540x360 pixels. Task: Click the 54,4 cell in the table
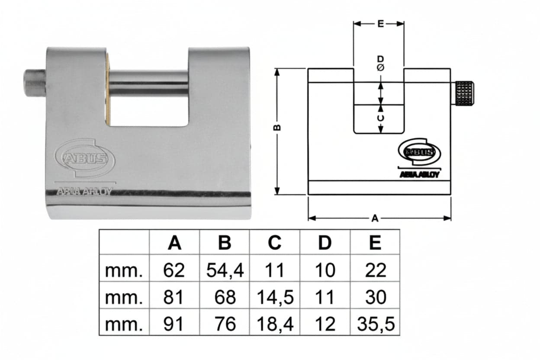(225, 270)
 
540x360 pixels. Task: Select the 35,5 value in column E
(376, 324)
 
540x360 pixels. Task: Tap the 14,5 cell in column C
(275, 297)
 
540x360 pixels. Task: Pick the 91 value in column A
(174, 324)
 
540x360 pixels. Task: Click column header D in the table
(325, 243)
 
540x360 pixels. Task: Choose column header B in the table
(225, 243)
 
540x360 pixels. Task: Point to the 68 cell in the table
(225, 297)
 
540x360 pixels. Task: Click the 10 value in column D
(325, 270)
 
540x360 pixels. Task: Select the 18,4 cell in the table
(275, 324)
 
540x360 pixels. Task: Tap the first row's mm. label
(124, 271)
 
